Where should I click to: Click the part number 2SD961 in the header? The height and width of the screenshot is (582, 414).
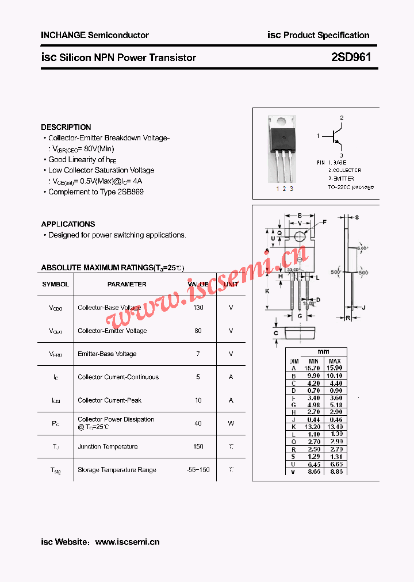(351, 58)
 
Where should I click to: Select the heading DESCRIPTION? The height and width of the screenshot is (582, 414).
(66, 127)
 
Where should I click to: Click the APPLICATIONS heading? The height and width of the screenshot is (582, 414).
(68, 224)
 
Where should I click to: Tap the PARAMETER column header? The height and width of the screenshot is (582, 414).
(126, 284)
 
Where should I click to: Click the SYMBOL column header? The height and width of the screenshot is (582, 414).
(55, 284)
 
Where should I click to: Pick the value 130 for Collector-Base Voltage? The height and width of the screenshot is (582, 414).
(198, 308)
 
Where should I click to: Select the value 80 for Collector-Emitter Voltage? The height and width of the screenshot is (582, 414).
(198, 331)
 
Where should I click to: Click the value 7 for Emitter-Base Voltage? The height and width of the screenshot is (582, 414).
(198, 354)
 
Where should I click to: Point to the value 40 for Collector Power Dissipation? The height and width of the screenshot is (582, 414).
(198, 423)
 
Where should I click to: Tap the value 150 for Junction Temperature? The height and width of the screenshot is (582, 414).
(198, 446)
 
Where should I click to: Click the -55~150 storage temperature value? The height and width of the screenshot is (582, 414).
(198, 470)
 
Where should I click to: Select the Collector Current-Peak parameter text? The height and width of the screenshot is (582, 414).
(109, 400)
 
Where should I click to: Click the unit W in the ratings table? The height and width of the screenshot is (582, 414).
(231, 423)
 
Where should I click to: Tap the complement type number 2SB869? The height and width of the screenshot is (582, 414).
(130, 192)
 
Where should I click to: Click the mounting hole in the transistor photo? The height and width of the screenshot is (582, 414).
(281, 121)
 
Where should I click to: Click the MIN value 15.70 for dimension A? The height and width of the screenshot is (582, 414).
(312, 368)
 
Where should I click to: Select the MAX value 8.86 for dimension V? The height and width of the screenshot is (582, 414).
(334, 472)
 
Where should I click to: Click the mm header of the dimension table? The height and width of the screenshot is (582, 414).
(323, 351)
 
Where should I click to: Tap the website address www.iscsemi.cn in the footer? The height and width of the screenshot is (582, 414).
(127, 542)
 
